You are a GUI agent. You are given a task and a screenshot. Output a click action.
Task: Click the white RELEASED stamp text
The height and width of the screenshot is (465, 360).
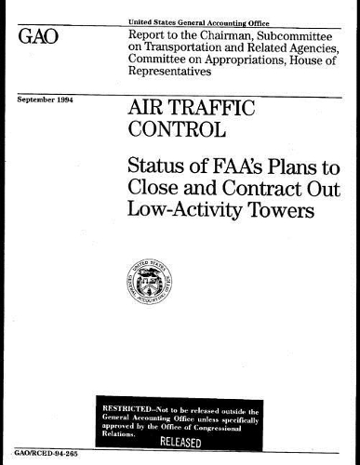[x=190, y=439]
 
